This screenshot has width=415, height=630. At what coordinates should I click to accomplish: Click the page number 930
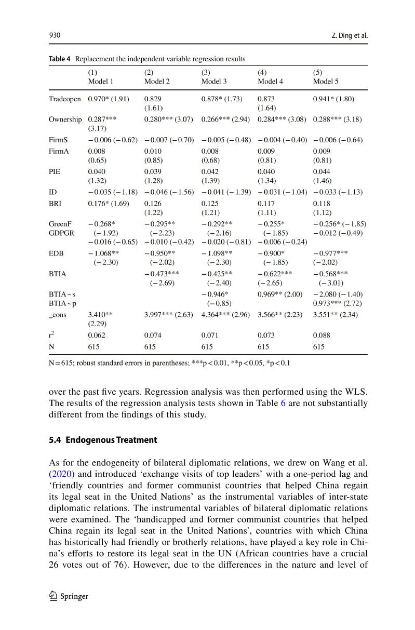55,35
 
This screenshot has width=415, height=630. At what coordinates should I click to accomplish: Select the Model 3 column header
214,82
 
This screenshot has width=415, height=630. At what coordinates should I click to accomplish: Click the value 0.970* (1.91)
109,99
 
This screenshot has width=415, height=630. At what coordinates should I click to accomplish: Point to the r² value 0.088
322,335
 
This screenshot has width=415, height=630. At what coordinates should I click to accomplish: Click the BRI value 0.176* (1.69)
109,203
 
